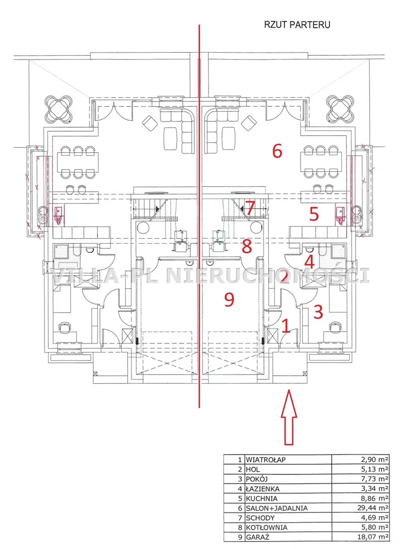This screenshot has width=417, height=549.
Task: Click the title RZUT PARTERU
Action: point(297,25)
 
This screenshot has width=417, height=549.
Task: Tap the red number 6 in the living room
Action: point(277,151)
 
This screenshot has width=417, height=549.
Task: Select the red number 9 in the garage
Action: point(229,299)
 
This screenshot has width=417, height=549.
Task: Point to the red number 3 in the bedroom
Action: point(318,312)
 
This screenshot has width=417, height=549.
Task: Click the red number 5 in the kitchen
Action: point(314,214)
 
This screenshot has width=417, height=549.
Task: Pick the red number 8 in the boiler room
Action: point(247,246)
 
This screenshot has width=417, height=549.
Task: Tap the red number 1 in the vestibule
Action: point(286,326)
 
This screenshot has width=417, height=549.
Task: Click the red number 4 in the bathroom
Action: point(310,262)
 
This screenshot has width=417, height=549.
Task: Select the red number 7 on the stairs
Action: point(250,208)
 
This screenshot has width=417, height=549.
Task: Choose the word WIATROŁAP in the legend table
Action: point(266,459)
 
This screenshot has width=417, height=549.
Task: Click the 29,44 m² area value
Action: point(375,508)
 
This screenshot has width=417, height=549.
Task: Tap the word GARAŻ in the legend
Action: point(258,537)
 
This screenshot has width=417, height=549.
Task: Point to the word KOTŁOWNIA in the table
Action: point(266,528)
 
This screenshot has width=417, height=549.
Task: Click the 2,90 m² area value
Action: point(375,459)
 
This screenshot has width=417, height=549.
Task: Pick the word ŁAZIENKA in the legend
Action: point(262,488)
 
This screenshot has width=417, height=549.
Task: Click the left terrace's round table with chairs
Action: point(58,108)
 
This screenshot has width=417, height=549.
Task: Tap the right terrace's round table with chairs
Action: point(341,108)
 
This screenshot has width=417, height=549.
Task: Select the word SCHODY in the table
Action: point(260,517)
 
